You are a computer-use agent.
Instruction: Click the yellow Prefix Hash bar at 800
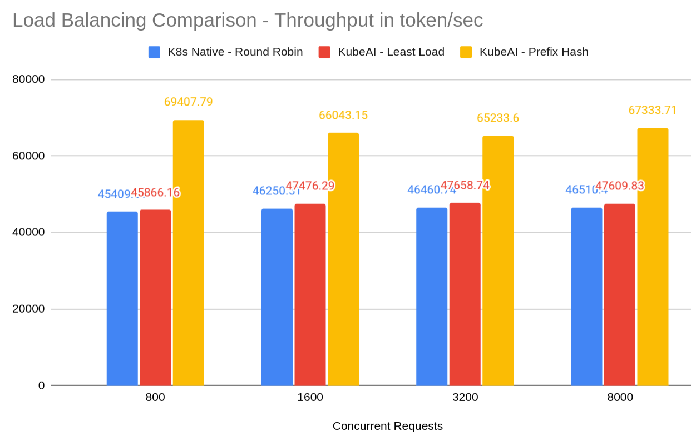188,253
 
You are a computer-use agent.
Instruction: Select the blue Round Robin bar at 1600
277,297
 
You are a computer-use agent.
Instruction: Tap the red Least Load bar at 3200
465,294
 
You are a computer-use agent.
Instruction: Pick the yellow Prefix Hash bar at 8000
653,257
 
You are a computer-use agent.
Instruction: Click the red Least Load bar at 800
155,298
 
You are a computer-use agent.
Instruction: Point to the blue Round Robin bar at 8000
586,297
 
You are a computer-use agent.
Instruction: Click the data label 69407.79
188,102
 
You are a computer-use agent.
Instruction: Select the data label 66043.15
343,115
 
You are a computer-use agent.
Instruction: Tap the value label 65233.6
497,118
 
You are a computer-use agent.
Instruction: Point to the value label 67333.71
653,110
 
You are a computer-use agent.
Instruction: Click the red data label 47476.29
310,186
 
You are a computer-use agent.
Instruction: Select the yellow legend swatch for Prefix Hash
466,52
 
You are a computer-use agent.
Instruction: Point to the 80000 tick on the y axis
28,79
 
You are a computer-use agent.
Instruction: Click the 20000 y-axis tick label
28,309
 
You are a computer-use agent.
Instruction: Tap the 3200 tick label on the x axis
465,398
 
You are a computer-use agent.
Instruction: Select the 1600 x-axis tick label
310,398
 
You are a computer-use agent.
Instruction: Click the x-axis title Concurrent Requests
387,426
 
